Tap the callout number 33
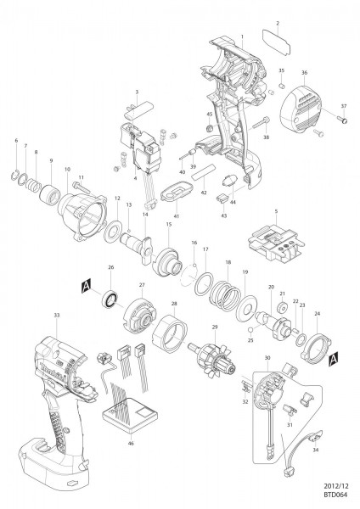click(57, 316)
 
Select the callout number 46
click(131, 444)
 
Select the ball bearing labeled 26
click(110, 299)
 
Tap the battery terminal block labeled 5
click(274, 241)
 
